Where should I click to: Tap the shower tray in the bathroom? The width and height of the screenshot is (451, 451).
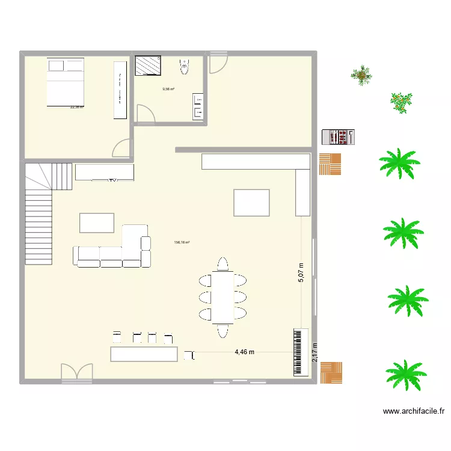(148, 66)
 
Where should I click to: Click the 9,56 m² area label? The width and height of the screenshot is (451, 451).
(168, 90)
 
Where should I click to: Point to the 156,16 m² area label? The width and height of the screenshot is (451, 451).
(182, 243)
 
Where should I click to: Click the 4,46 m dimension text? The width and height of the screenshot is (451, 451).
(245, 352)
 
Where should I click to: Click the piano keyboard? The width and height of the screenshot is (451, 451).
(301, 352)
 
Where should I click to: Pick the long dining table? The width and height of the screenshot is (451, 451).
(223, 296)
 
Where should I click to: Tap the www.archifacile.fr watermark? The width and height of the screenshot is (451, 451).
(413, 412)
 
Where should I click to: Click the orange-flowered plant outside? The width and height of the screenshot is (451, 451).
(400, 102)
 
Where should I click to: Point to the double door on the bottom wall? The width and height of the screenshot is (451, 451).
(77, 373)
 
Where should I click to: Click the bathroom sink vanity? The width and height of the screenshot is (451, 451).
(198, 106)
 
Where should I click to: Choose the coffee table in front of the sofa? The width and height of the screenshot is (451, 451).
(96, 222)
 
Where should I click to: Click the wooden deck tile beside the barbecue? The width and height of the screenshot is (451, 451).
(330, 164)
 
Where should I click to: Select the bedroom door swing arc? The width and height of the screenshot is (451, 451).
(122, 148)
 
